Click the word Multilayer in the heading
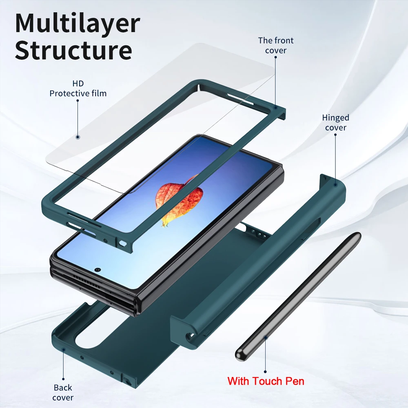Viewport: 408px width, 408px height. tap(78, 24)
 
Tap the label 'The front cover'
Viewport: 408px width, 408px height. tap(275, 45)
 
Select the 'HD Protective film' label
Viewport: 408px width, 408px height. tap(78, 89)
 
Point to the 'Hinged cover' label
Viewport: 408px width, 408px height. tap(335, 122)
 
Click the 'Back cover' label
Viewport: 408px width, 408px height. tap(63, 392)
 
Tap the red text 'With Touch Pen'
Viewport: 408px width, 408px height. tap(266, 381)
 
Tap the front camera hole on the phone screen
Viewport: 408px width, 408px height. tap(98, 270)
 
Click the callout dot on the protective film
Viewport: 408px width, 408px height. tap(78, 137)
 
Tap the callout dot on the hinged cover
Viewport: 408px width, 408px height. tap(335, 184)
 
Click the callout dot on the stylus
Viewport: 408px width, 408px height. tap(266, 337)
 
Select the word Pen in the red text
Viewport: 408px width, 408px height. tap(295, 381)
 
